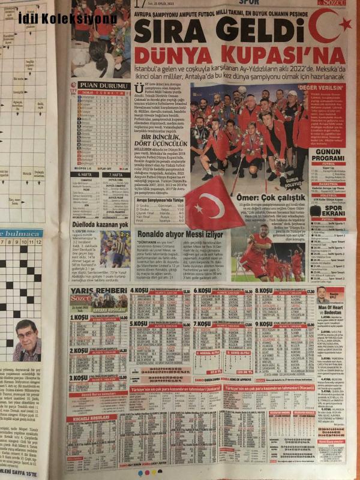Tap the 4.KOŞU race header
(x=140, y=290)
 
